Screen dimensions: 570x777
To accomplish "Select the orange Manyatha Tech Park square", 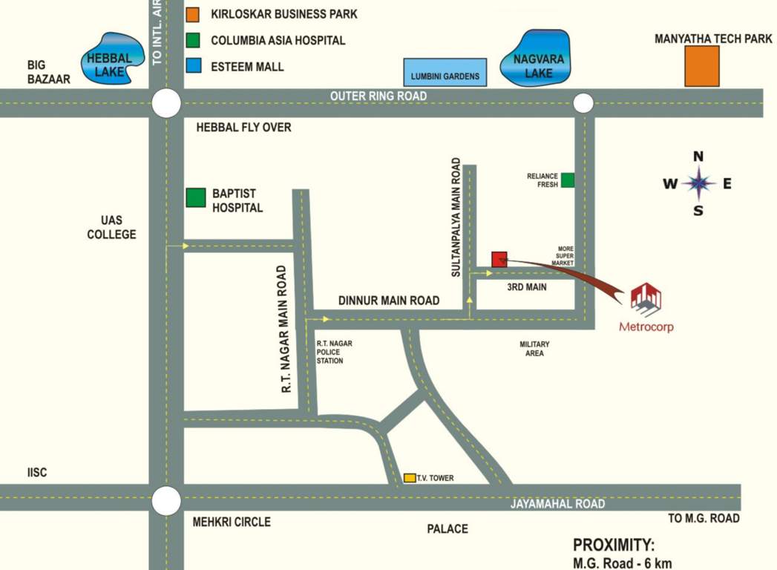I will click(x=701, y=66).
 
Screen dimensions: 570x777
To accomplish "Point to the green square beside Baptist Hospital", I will click(x=196, y=198).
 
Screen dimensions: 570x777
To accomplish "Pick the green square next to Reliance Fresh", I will click(x=568, y=180).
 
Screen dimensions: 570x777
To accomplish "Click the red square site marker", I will click(x=499, y=259).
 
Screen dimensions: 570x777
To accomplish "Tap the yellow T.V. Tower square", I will click(x=410, y=478).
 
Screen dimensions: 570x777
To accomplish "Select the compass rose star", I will click(x=698, y=183).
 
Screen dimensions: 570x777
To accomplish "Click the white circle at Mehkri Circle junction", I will click(x=166, y=500).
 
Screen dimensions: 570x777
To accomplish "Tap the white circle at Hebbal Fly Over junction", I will click(x=166, y=103).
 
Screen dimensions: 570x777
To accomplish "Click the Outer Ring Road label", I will click(x=378, y=96).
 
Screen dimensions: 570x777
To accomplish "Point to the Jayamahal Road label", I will click(x=557, y=504).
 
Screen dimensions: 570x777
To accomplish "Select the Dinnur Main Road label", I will click(x=389, y=301).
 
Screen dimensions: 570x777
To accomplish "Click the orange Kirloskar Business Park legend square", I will click(x=193, y=14).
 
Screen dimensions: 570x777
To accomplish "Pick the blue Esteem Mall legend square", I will click(x=193, y=66).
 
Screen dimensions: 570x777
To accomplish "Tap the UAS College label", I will click(x=111, y=227).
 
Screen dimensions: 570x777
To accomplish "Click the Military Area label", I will click(x=534, y=349).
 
